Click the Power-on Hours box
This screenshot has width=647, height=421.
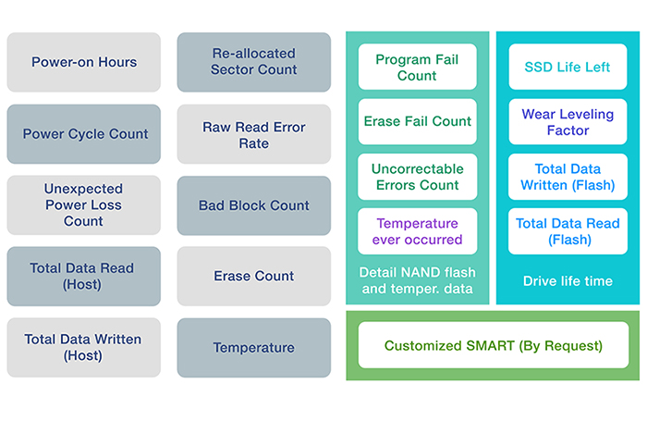tap(84, 62)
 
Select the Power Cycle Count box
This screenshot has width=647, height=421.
tap(84, 134)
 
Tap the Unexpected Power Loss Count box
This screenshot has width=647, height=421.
tap(84, 204)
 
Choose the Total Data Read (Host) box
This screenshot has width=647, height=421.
tap(84, 276)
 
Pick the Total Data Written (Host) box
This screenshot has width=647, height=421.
tap(84, 347)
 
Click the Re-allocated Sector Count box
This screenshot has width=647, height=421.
tap(254, 62)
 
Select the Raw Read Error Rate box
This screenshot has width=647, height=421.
tap(254, 134)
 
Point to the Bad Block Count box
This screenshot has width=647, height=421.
tap(254, 205)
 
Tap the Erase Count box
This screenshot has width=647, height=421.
tap(254, 276)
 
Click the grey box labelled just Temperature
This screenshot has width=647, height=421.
tap(254, 348)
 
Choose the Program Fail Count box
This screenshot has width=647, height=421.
tap(417, 67)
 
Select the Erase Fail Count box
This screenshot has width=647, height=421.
tap(417, 121)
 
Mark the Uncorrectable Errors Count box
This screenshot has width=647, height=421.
tap(417, 177)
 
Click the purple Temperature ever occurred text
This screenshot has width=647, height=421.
tap(417, 231)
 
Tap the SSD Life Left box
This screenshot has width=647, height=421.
tap(568, 67)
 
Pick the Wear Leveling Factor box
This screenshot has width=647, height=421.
tap(568, 121)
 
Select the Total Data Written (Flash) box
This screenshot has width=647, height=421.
tap(568, 177)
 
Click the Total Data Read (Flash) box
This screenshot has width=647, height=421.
tap(568, 231)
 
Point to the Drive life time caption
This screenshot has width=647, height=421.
tap(568, 281)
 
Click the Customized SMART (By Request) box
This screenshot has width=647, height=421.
tap(494, 345)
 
